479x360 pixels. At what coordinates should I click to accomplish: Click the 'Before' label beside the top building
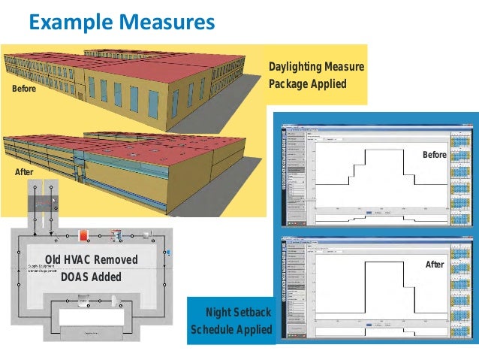[23, 89]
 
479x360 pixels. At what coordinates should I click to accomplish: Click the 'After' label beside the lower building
[24, 173]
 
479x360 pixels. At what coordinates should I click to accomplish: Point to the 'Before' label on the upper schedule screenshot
[434, 154]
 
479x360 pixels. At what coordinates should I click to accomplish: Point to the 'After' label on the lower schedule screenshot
[435, 265]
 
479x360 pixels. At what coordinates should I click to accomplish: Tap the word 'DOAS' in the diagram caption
[76, 277]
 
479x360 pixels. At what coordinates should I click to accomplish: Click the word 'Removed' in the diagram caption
[118, 260]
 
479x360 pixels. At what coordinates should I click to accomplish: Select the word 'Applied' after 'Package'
[330, 83]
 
